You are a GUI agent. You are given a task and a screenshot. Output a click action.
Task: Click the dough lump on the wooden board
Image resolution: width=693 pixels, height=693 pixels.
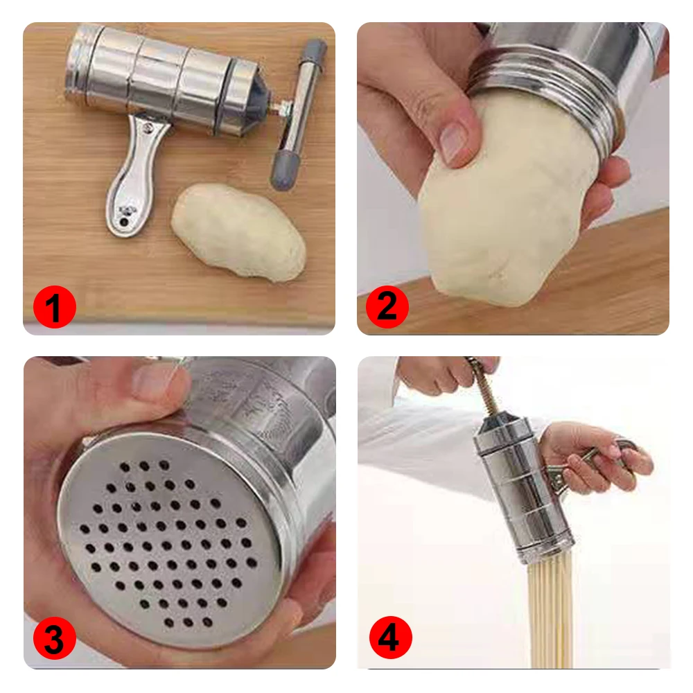point(237,231)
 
